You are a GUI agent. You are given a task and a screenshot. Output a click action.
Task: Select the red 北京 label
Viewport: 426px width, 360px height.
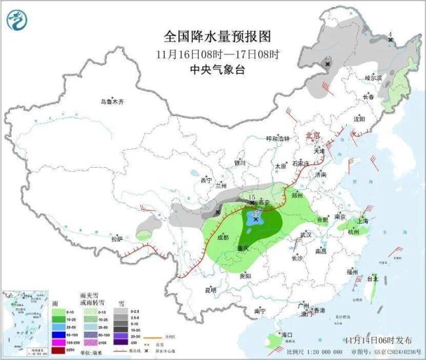(x=313, y=136)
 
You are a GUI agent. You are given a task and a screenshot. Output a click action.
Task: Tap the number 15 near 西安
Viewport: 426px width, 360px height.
(x=252, y=197)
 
